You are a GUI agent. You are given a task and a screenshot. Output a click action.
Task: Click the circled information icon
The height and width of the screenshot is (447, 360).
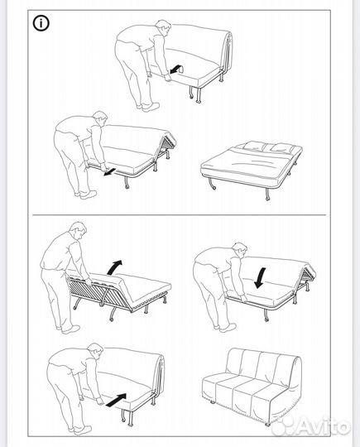[x=41, y=23]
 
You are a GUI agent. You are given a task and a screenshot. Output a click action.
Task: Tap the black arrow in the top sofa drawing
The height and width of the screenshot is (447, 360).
[x=175, y=70]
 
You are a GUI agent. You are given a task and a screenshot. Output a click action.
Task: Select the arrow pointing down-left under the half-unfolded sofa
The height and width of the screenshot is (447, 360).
[x=110, y=172]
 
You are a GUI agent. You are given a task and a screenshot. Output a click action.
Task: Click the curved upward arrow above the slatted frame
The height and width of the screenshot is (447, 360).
[x=114, y=267]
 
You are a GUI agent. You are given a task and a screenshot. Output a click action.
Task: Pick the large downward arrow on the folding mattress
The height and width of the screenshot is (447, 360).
[x=260, y=277]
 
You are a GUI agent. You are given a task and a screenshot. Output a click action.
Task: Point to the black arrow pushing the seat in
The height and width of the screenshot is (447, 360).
[x=116, y=400]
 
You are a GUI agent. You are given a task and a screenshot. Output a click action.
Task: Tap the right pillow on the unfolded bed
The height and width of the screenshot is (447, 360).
[x=282, y=147]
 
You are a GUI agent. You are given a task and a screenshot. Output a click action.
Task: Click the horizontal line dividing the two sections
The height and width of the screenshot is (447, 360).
[x=180, y=214]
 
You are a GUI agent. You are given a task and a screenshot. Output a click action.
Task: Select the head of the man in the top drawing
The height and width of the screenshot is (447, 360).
[x=163, y=27]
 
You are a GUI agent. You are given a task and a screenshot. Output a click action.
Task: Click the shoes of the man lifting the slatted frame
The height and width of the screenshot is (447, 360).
[x=69, y=329]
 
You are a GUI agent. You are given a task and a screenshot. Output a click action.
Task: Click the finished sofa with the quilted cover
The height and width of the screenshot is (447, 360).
[x=252, y=387]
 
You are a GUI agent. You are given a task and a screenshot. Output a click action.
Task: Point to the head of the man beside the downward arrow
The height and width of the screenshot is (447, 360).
[x=239, y=250]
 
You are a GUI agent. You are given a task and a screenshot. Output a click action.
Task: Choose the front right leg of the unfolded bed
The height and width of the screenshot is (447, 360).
[x=266, y=195]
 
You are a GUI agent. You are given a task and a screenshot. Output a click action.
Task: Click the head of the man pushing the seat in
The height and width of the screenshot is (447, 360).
[x=95, y=351]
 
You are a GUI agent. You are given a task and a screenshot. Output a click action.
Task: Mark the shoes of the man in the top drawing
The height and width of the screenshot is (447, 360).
[x=147, y=107]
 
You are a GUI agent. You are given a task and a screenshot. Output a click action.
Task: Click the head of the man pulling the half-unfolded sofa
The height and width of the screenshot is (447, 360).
[x=100, y=119]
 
